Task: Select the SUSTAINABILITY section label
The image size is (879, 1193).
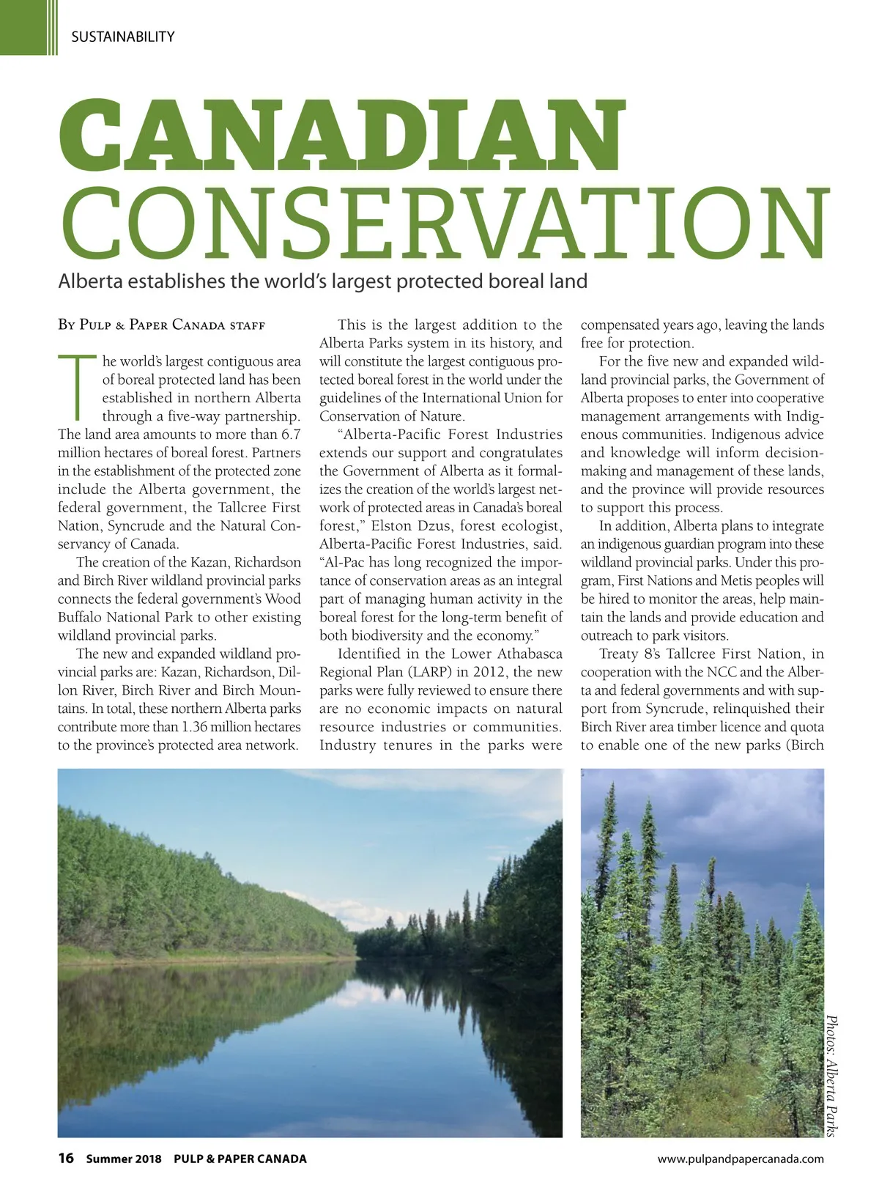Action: pos(122,37)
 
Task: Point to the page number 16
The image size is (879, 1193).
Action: pos(66,1158)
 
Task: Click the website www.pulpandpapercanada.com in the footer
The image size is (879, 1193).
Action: pos(741,1159)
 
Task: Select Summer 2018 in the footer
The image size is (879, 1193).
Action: pos(124,1159)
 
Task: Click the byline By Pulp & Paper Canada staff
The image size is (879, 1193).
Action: pos(161,325)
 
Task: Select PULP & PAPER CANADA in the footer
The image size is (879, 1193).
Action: pos(240,1159)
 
